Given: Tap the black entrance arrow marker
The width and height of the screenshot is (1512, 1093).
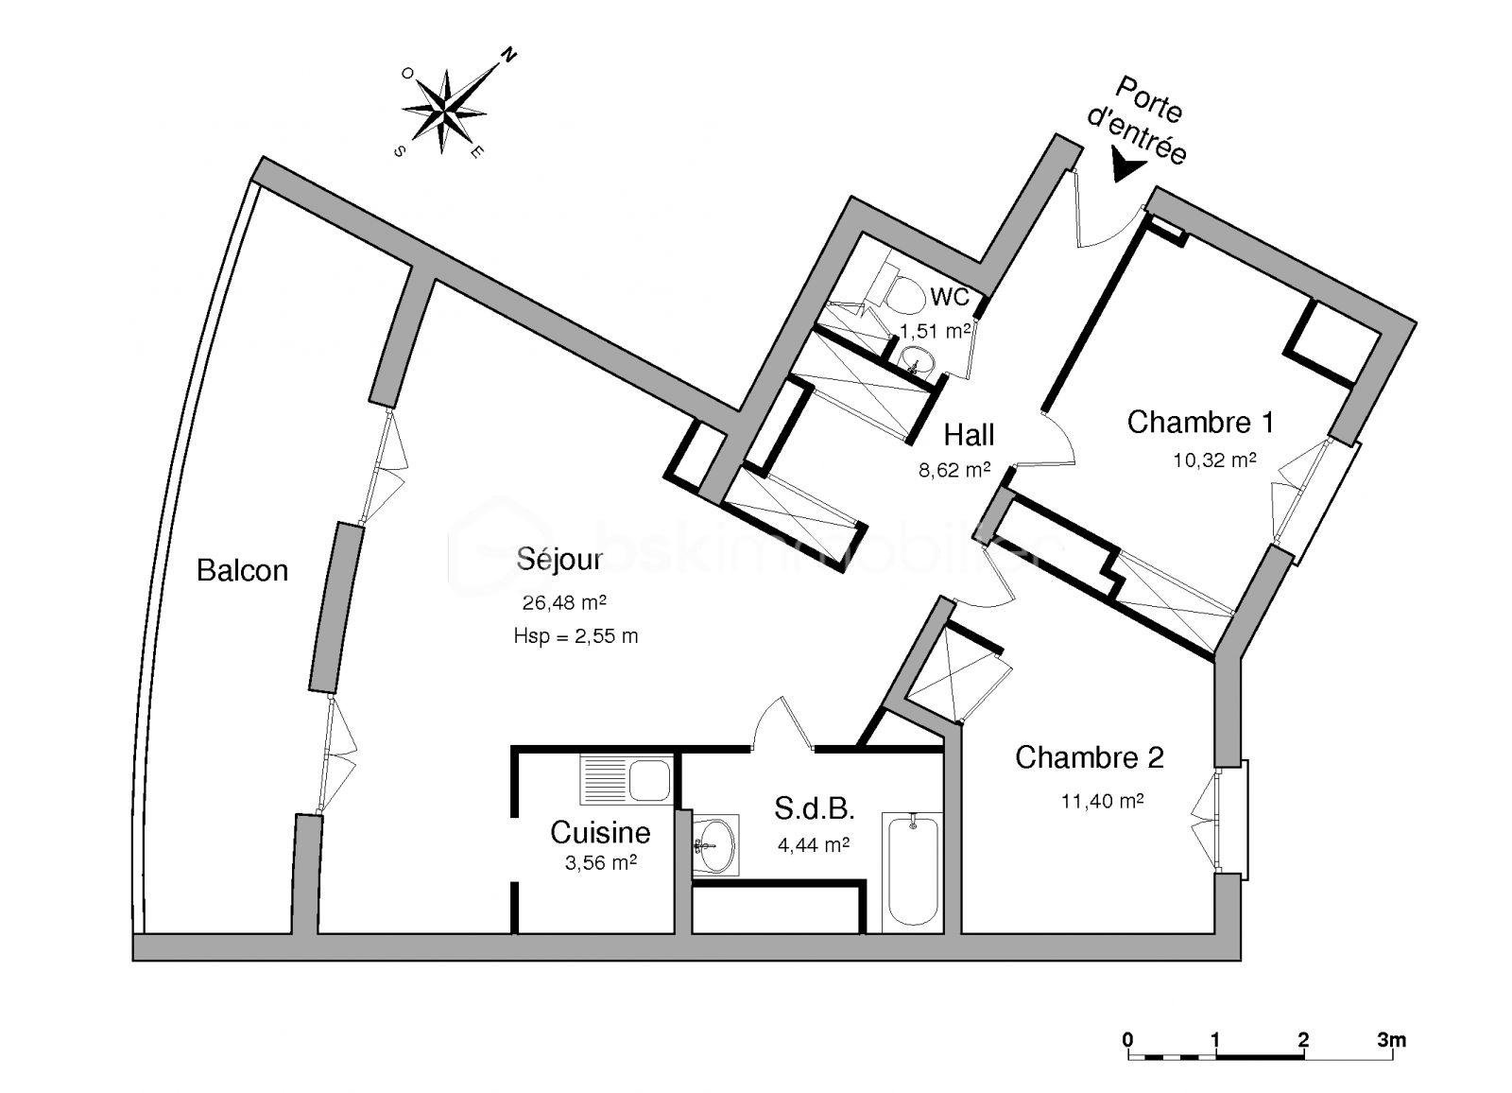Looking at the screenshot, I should (1125, 168).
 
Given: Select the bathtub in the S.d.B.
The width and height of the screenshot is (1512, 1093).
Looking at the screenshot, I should (912, 871).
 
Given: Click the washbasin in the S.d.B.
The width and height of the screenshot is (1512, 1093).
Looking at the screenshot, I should (715, 842).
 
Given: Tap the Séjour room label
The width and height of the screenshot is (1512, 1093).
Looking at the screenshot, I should (559, 560).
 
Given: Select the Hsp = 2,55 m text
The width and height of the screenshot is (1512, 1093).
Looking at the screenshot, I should (576, 636).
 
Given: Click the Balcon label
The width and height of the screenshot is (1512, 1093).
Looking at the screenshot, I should (242, 570).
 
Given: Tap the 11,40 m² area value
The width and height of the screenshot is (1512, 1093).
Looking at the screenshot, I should (1102, 802).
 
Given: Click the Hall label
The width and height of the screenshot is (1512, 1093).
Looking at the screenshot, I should (969, 435).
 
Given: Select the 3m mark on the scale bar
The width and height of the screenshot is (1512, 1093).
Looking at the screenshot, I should (1391, 1041).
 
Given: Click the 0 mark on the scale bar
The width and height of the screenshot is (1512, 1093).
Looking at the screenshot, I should (1128, 1041).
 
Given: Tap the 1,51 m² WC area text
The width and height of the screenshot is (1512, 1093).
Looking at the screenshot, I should (935, 331).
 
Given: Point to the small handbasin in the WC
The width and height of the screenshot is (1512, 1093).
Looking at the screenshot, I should (916, 358).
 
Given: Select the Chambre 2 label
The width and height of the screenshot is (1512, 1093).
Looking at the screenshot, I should (1089, 757).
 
